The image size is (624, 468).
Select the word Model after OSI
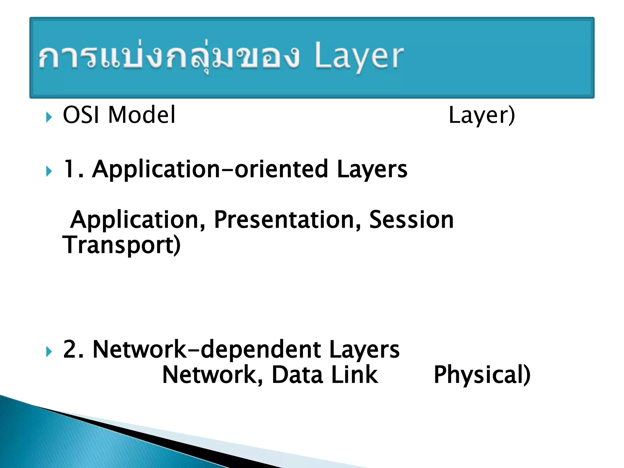142,115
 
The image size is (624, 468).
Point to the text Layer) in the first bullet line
482,115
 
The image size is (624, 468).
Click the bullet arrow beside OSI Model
49,117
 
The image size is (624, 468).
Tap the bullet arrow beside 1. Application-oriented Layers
49,172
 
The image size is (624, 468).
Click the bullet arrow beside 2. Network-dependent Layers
49,352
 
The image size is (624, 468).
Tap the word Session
411,220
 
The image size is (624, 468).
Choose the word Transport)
122,245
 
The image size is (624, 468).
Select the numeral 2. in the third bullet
73,349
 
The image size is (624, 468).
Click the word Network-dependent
207,349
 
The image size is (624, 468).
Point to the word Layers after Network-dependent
364,349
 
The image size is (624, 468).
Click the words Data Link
324,375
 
